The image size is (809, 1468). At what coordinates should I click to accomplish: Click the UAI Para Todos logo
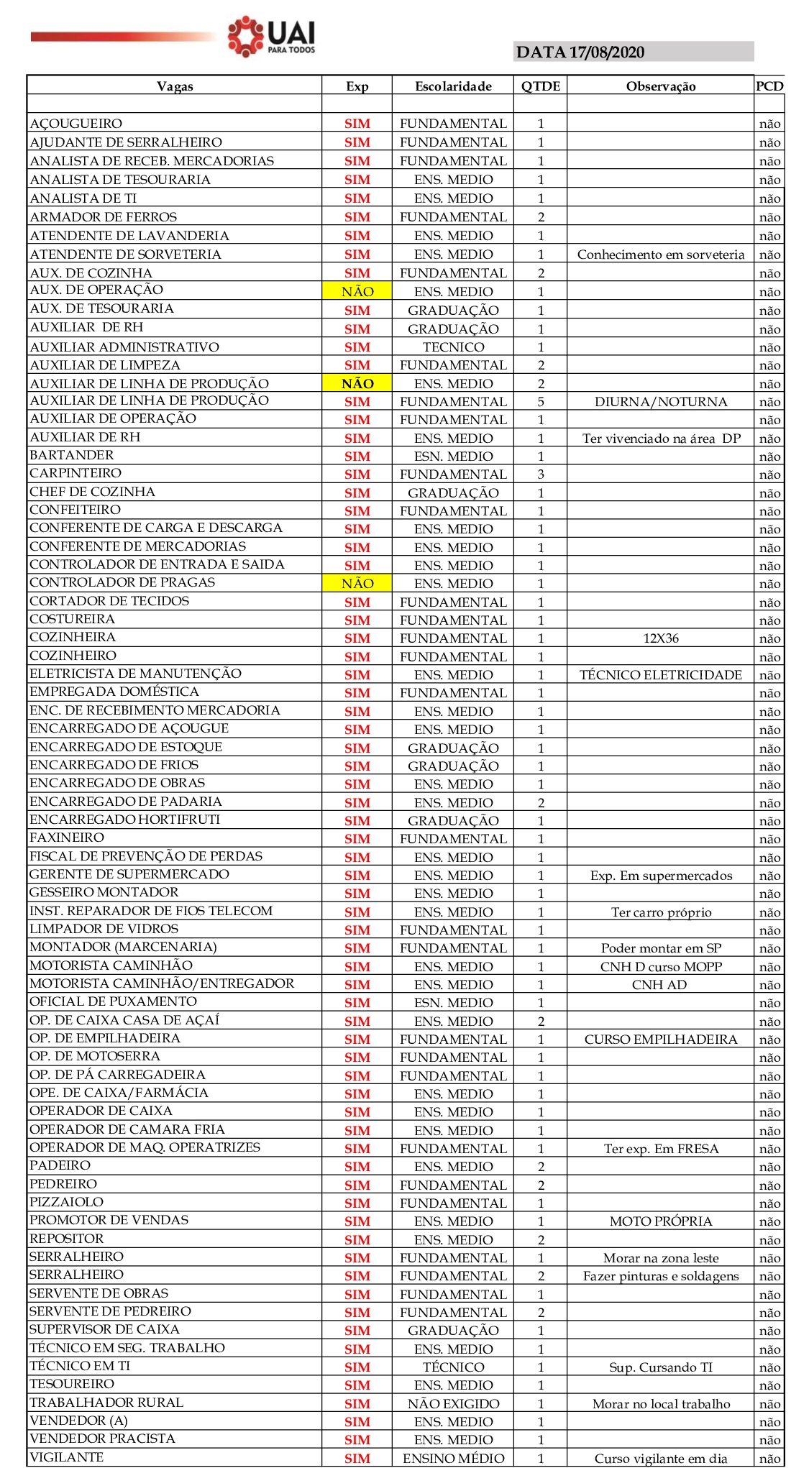point(272,36)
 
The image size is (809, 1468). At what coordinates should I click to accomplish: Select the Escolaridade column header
point(453,86)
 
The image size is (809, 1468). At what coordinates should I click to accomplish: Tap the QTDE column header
point(541,86)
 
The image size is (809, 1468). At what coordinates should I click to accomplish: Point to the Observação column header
point(661,86)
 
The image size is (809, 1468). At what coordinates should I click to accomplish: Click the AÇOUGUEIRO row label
point(76,124)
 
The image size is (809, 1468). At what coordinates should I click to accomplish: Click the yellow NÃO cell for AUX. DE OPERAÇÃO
point(357,291)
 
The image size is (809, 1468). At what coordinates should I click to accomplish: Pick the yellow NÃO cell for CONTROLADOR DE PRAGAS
point(357,583)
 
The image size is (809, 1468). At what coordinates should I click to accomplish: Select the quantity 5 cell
point(541,401)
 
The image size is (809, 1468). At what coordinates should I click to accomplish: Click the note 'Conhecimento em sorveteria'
point(661,254)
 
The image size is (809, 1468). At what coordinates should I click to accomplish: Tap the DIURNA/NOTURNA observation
point(661,402)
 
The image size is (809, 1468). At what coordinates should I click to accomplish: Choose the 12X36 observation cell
point(661,638)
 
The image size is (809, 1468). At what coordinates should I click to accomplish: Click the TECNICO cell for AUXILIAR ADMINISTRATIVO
point(453,347)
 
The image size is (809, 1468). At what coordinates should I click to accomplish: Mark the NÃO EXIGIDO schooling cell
point(453,1403)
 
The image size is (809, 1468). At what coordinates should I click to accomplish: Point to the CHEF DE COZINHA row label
point(93,492)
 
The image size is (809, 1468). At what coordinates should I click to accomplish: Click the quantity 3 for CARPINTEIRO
point(541,474)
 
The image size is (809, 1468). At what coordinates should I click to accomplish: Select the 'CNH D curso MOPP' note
point(661,967)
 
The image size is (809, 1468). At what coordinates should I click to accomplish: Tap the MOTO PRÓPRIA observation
point(661,1221)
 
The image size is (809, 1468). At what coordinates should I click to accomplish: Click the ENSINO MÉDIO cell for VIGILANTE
point(453,1458)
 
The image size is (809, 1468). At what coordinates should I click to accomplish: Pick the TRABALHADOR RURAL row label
point(106,1403)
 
